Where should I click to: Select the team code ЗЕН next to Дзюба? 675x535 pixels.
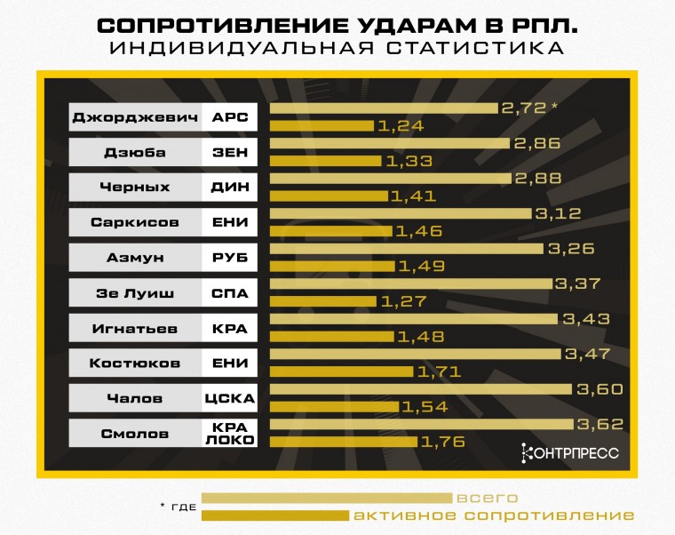coord(229,152)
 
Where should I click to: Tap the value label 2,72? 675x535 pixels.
coord(524,108)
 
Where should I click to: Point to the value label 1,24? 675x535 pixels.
coord(401,126)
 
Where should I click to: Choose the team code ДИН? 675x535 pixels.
coord(229,188)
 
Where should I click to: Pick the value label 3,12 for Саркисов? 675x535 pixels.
coord(559,213)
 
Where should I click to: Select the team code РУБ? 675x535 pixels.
coord(229,258)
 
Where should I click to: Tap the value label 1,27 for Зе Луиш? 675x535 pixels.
coord(403,301)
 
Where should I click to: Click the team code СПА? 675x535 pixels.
coord(229,293)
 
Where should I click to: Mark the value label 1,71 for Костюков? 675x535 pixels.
coord(439,371)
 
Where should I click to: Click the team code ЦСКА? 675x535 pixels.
coord(229,399)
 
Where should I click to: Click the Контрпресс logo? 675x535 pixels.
coord(570,452)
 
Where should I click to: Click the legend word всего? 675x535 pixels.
coord(486,498)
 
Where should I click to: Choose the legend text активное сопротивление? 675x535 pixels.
coord(494,515)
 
